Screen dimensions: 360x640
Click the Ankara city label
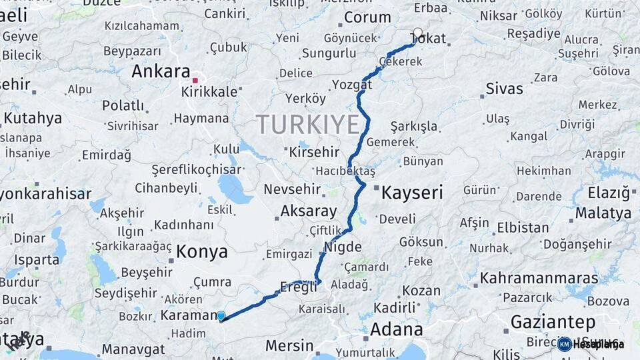click(x=161, y=71)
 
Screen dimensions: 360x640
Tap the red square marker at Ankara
click(x=195, y=80)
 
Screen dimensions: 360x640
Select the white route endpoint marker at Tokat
click(x=418, y=32)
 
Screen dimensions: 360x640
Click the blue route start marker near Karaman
click(x=221, y=316)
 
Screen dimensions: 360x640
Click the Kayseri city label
click(x=411, y=193)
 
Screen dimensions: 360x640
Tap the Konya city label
click(x=202, y=252)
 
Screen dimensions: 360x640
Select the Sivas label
click(x=505, y=89)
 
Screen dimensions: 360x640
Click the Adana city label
click(x=396, y=329)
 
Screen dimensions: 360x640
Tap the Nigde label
click(x=343, y=247)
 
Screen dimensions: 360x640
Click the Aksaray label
click(x=309, y=211)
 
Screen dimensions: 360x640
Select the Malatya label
click(x=603, y=213)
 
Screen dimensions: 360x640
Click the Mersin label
click(x=289, y=345)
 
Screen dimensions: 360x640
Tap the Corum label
click(x=367, y=18)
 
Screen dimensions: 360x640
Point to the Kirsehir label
click(x=314, y=152)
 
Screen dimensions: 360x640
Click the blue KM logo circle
click(x=565, y=344)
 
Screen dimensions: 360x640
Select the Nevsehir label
click(x=294, y=189)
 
